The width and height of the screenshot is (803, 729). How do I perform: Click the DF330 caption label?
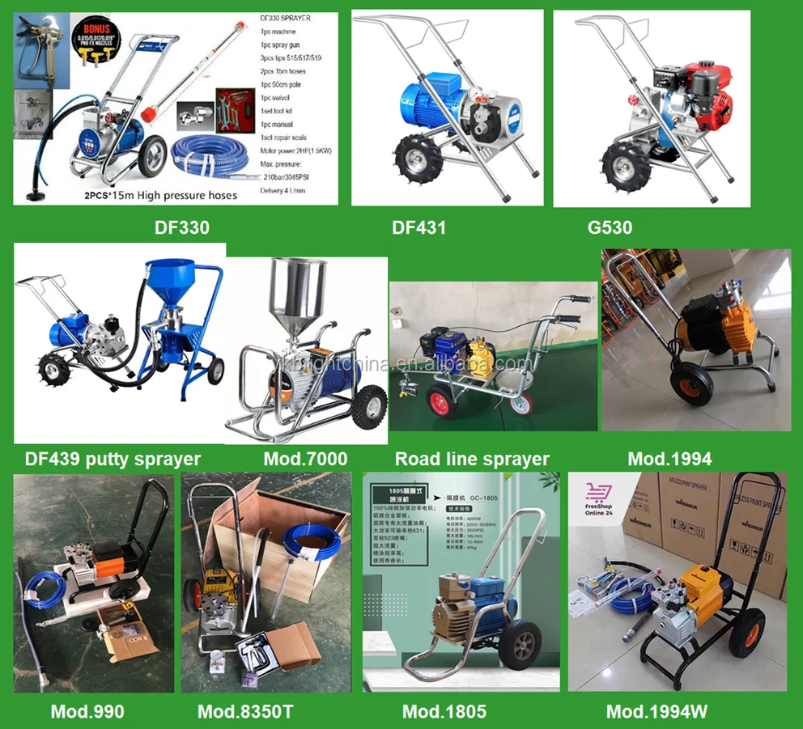(182, 227)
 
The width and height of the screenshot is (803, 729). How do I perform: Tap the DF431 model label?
(419, 227)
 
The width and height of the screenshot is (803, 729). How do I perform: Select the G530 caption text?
(610, 227)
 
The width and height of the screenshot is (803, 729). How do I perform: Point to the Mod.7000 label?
(305, 459)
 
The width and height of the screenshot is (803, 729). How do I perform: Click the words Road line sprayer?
(472, 459)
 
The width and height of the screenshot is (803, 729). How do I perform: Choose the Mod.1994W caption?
(657, 712)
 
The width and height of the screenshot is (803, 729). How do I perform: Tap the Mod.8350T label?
(245, 712)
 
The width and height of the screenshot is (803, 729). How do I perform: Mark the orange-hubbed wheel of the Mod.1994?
(690, 382)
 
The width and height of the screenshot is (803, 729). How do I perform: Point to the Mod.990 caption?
(87, 712)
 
